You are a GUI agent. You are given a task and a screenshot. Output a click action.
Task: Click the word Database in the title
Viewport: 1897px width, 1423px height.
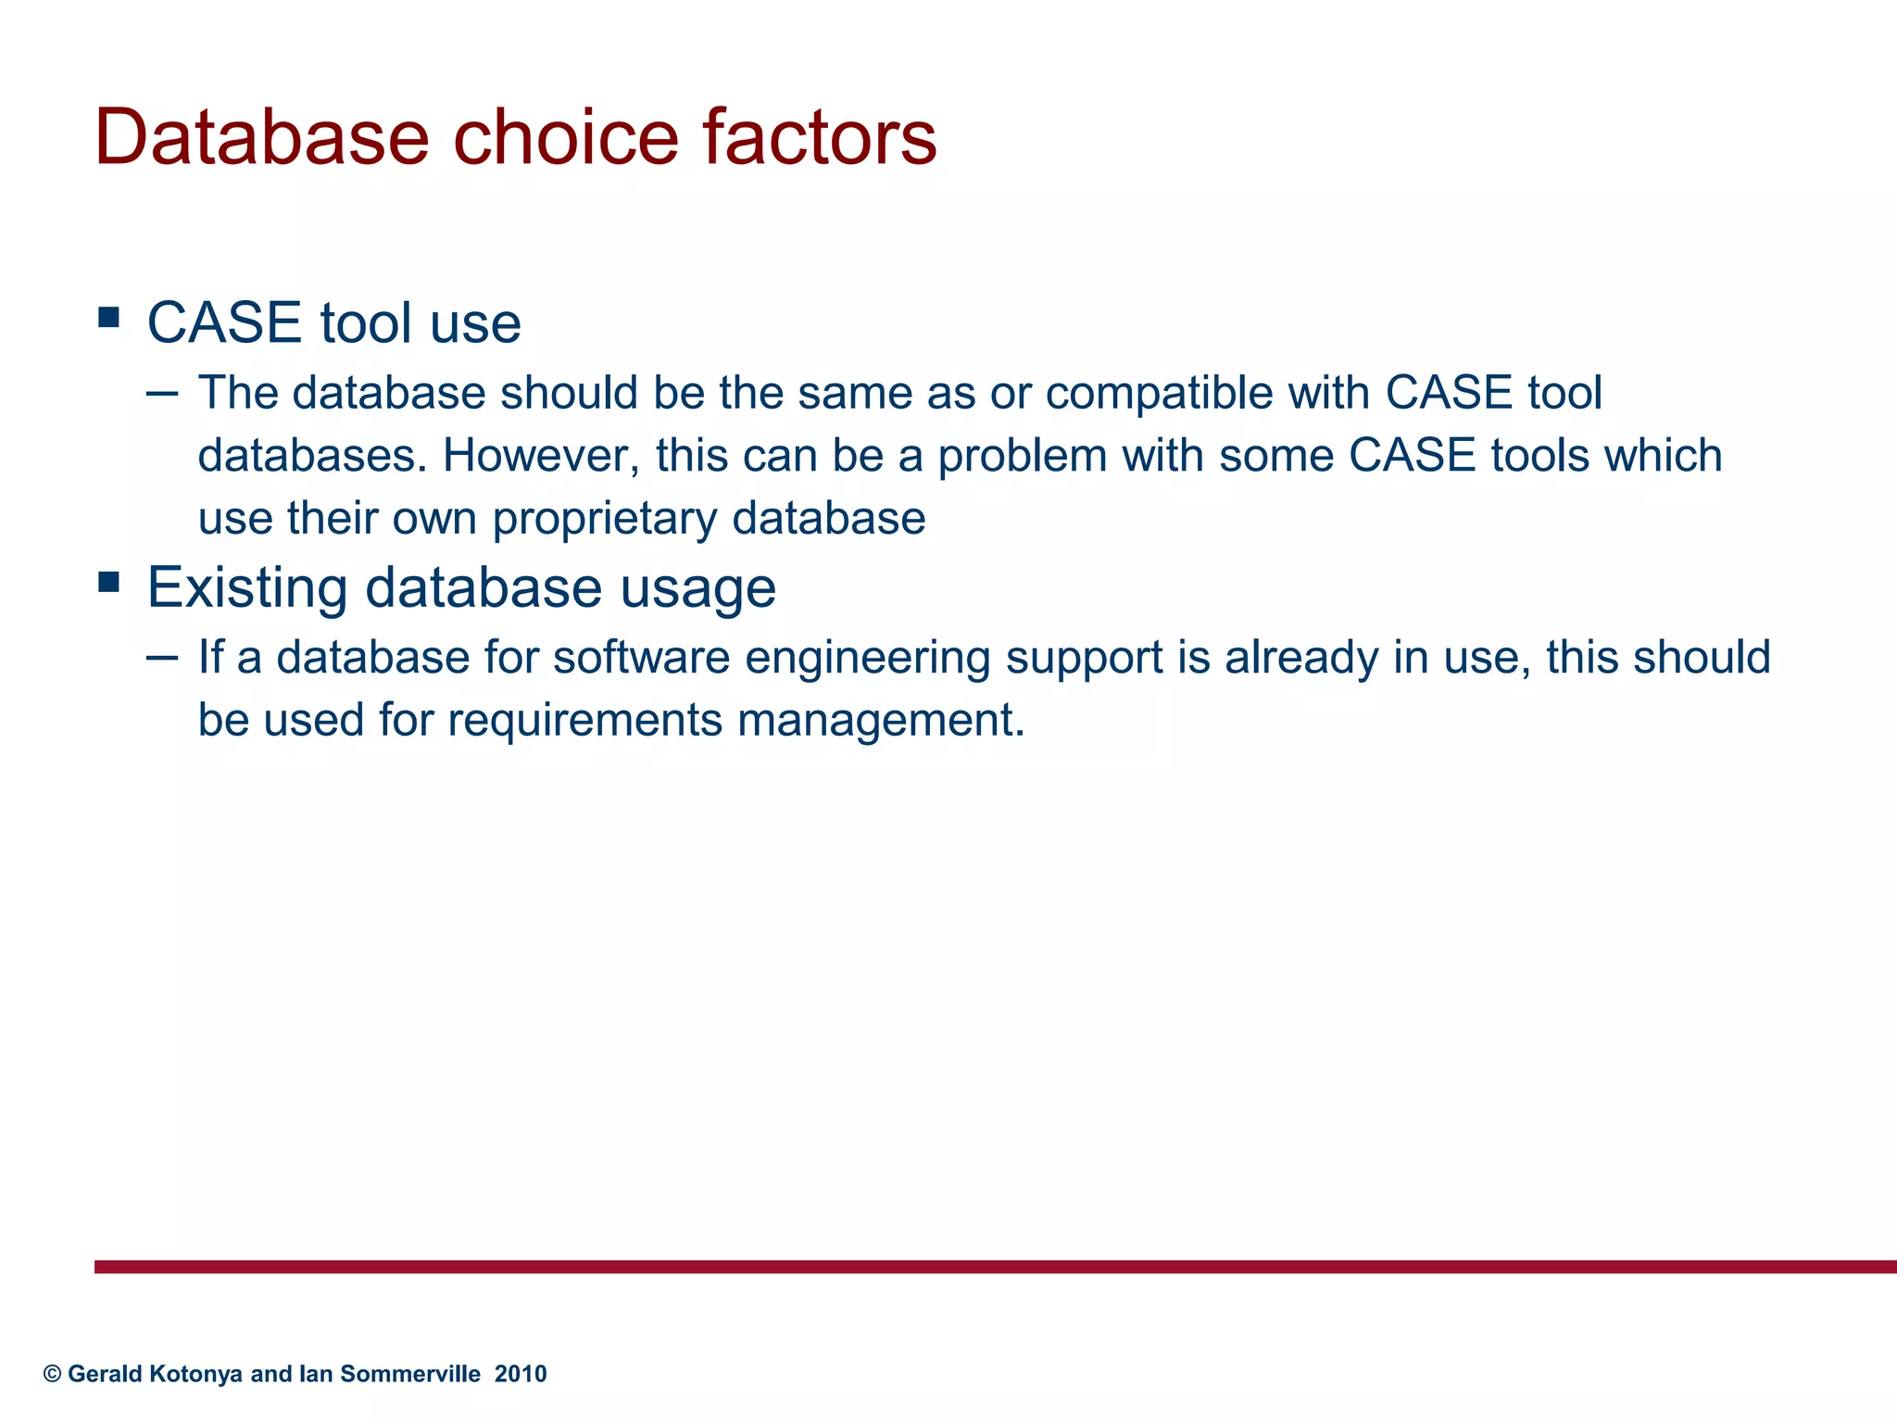tap(262, 137)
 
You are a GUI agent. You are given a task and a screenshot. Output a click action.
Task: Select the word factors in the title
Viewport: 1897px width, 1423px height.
tap(819, 137)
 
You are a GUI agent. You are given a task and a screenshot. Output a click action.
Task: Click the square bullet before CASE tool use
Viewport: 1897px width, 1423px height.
tap(109, 319)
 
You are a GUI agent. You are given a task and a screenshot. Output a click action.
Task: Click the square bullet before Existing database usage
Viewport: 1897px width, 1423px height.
tap(109, 583)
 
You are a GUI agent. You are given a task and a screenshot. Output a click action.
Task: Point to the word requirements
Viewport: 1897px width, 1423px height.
tap(584, 721)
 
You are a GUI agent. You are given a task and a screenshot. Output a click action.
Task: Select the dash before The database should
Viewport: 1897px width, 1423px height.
tap(162, 394)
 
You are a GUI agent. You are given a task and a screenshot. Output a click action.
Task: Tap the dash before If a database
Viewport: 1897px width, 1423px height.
tap(162, 658)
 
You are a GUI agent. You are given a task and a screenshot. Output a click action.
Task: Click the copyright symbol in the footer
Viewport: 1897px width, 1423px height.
tap(53, 1374)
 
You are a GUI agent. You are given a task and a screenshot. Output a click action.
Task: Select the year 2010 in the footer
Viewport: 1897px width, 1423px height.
tap(521, 1374)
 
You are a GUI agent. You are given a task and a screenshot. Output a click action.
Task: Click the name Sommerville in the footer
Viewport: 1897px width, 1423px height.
tap(410, 1374)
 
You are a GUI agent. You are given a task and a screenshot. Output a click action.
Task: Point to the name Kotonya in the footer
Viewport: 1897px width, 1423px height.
tap(196, 1374)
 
